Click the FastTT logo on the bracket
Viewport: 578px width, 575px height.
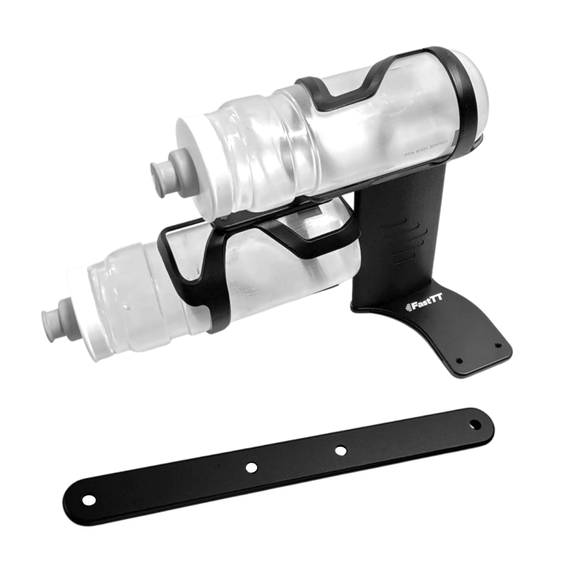424,307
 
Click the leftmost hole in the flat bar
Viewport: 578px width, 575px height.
89,499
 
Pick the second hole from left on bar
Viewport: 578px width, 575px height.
251,467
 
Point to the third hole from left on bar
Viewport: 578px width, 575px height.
340,450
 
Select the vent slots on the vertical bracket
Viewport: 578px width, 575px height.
401,241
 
